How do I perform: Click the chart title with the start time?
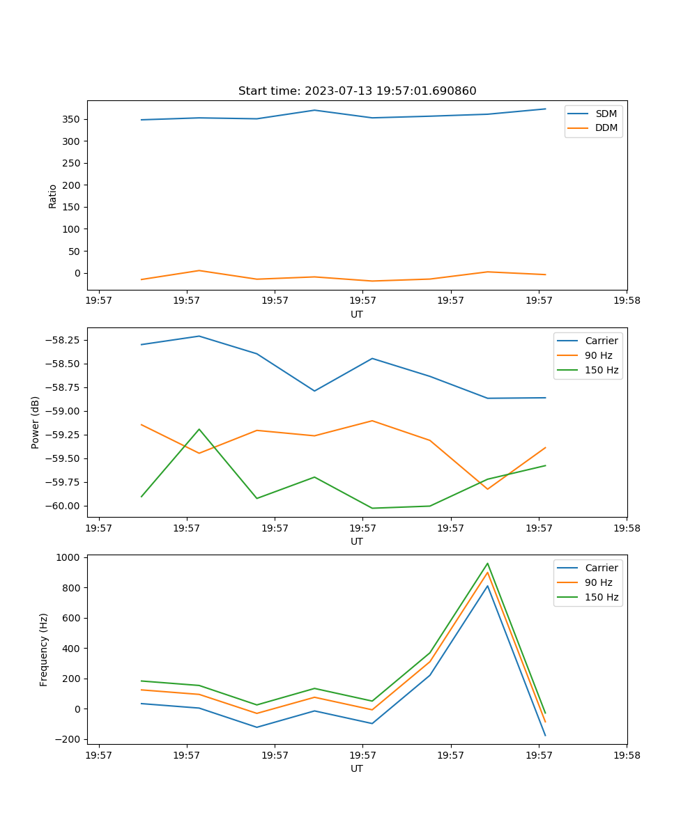(x=357, y=91)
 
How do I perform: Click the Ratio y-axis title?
(x=53, y=196)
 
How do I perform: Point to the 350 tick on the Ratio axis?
(x=72, y=119)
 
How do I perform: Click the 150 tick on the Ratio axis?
(x=72, y=207)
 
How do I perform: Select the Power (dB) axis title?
(x=36, y=422)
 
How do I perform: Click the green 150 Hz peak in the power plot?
(x=199, y=429)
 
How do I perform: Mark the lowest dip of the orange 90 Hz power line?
(x=487, y=489)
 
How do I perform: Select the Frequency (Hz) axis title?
(x=44, y=649)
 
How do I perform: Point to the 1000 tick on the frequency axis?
(x=68, y=557)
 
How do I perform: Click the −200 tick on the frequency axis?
(x=68, y=739)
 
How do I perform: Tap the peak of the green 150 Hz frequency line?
(x=487, y=564)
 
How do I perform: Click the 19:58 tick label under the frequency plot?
(x=626, y=754)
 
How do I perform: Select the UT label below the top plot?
(x=357, y=314)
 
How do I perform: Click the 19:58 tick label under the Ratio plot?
(x=626, y=300)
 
